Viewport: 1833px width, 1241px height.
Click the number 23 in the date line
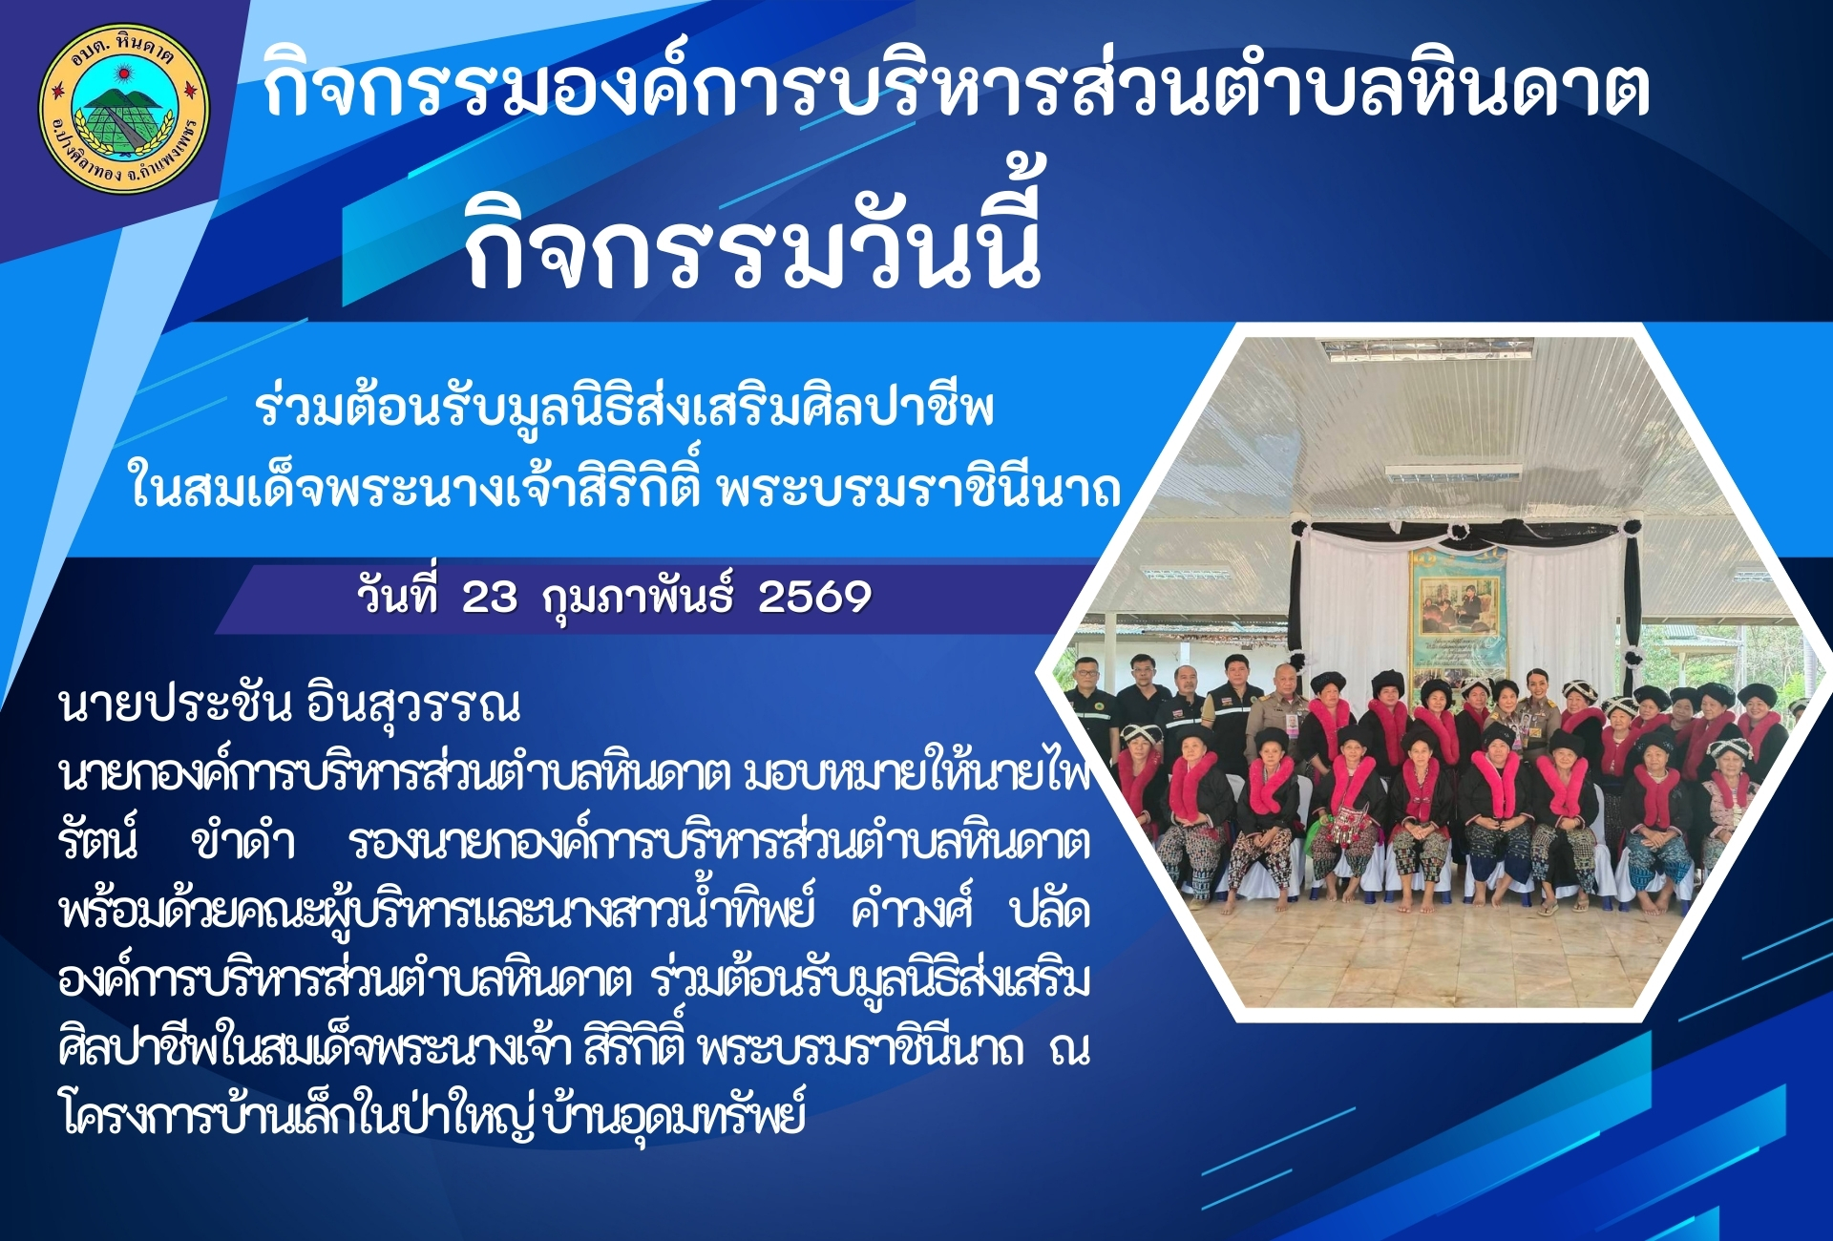pyautogui.click(x=490, y=598)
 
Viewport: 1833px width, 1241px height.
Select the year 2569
pyautogui.click(x=814, y=598)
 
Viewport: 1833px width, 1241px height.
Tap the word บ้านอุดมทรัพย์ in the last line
pyautogui.click(x=674, y=1113)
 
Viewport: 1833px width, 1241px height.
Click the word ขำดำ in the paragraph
pyautogui.click(x=242, y=842)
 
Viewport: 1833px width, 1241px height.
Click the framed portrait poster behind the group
pyautogui.click(x=1458, y=609)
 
